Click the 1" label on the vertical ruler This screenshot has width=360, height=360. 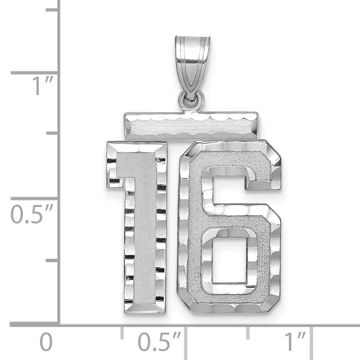point(43,86)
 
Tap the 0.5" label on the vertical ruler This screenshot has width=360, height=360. point(32,215)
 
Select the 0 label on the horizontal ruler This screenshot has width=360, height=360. point(46,342)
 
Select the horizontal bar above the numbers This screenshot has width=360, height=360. point(191,126)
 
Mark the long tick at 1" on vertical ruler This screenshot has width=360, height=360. point(34,73)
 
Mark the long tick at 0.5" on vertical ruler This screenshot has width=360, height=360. point(34,198)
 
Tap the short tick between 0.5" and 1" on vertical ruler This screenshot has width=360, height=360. point(52,133)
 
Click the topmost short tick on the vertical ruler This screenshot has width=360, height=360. point(52,10)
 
